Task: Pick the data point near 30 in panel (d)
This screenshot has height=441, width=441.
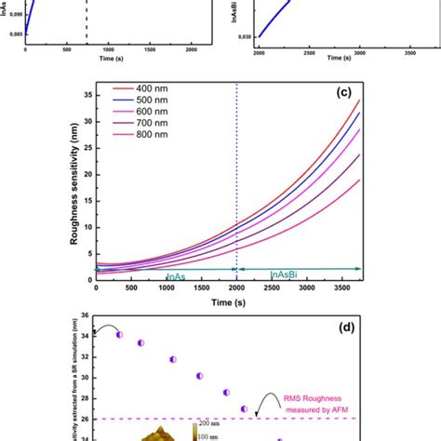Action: [x=199, y=376]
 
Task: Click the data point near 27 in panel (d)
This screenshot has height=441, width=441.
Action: [x=244, y=408]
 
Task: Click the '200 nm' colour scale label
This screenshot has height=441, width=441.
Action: [x=212, y=434]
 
